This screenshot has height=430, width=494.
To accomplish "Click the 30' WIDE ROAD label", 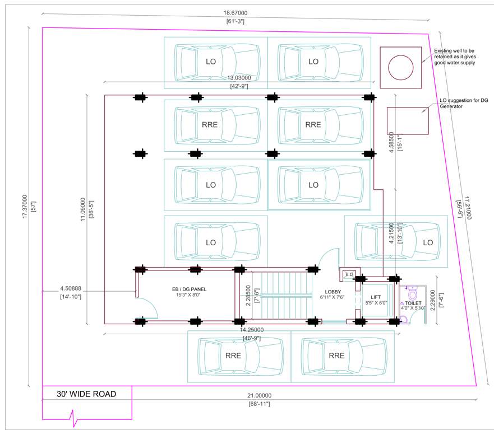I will [x=86, y=394].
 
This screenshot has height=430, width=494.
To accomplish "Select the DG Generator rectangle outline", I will [x=407, y=121].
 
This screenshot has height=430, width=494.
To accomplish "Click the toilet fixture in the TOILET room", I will [x=413, y=295].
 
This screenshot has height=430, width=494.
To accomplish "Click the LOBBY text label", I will [x=333, y=292].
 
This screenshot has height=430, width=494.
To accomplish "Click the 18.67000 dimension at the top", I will [x=236, y=13].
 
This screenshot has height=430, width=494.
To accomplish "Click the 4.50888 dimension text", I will [x=71, y=289].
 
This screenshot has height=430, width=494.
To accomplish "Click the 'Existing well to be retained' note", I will [x=455, y=57].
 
